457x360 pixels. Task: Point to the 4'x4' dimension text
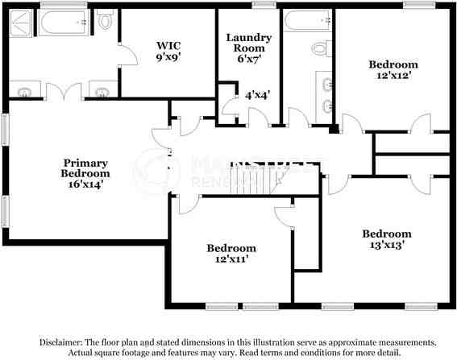(x=257, y=94)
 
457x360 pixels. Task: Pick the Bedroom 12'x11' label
(x=231, y=254)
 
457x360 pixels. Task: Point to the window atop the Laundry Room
(x=261, y=6)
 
